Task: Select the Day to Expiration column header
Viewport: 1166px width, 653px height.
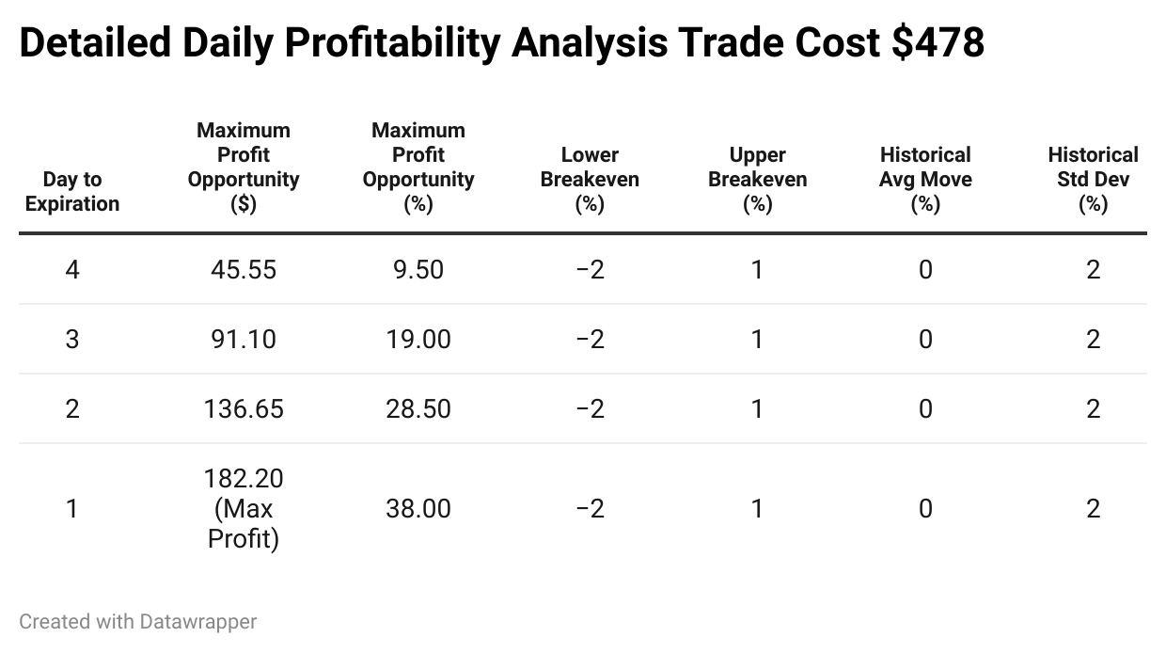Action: [x=72, y=191]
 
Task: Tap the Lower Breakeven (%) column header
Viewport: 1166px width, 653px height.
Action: [x=590, y=179]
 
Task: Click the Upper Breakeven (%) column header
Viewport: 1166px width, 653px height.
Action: [x=757, y=179]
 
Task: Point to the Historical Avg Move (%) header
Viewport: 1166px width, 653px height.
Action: [x=925, y=179]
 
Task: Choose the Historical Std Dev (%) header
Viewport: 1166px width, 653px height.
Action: [x=1093, y=179]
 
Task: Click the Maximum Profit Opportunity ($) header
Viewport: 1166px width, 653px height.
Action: [x=244, y=167]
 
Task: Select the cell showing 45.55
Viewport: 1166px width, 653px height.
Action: [x=244, y=270]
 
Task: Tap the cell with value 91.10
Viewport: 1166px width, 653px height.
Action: [x=244, y=340]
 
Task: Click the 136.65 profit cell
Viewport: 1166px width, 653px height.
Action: [x=244, y=409]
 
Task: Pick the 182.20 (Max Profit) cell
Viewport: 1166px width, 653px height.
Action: [x=244, y=509]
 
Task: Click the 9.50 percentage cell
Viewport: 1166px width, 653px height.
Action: [x=418, y=270]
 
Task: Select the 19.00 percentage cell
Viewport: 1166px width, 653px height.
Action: [x=418, y=340]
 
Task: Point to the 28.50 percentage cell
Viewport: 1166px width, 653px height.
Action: [x=418, y=409]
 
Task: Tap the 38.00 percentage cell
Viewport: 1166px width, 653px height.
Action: [x=418, y=509]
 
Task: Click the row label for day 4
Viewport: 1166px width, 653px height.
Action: [x=72, y=270]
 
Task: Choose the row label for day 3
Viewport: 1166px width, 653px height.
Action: [x=72, y=340]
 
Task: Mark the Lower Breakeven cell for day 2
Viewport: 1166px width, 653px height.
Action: [x=590, y=409]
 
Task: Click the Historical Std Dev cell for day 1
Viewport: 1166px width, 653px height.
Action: [x=1093, y=509]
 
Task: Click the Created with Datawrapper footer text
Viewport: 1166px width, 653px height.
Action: [x=138, y=622]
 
